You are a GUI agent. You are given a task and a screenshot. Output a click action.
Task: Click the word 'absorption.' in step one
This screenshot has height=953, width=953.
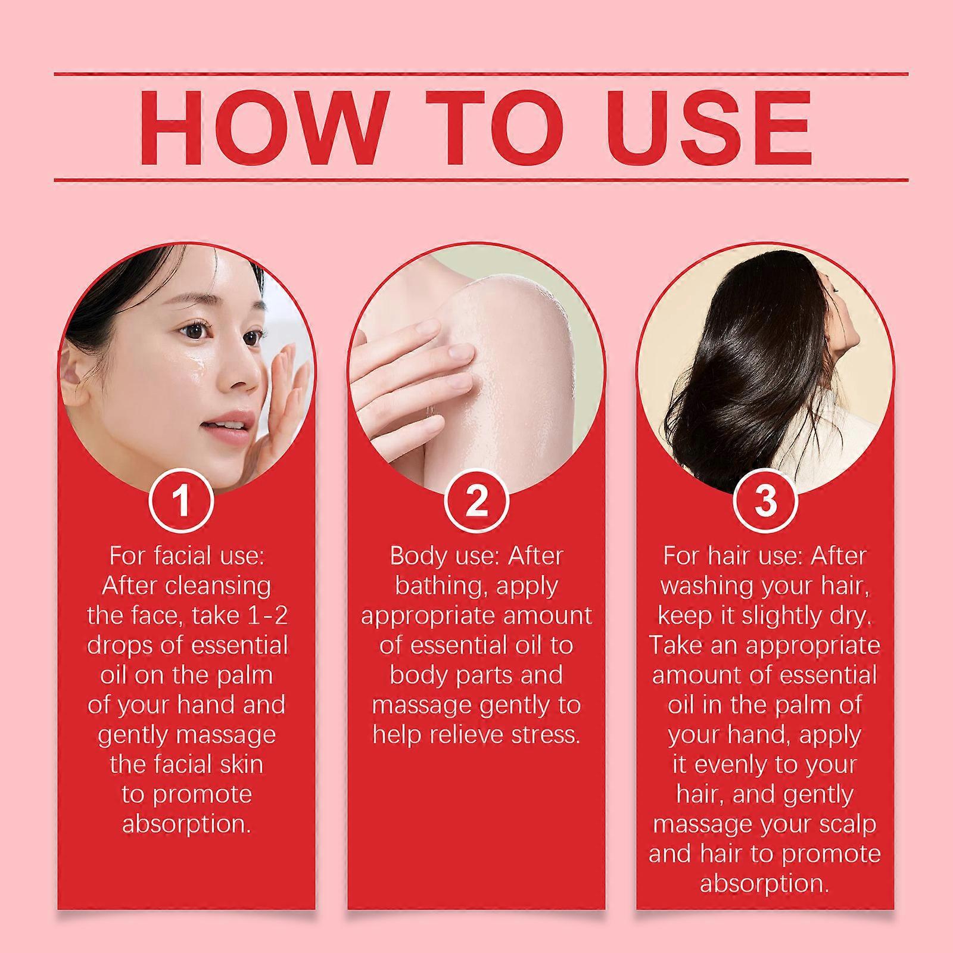click(x=186, y=824)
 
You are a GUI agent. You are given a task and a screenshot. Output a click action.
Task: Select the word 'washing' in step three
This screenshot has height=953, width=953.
click(x=703, y=586)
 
